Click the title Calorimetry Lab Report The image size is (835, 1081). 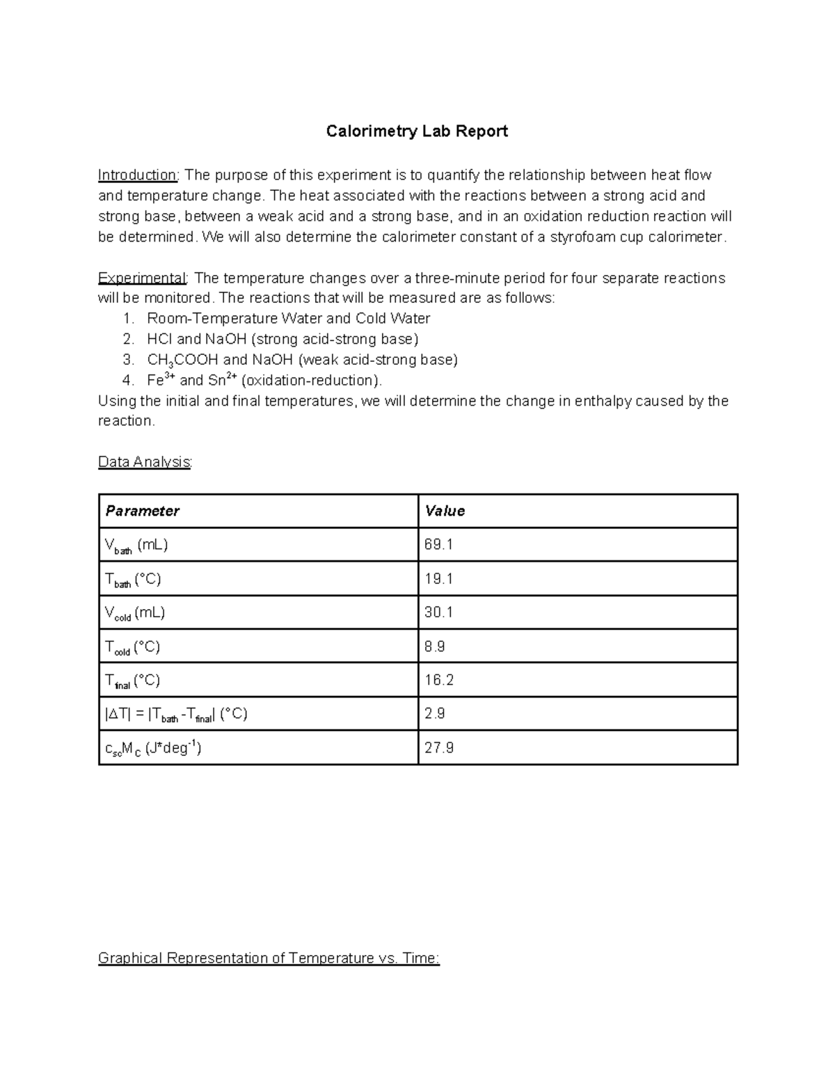[x=417, y=132]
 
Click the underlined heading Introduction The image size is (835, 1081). [x=138, y=175]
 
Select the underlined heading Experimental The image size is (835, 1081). [x=142, y=278]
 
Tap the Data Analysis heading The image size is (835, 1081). [x=144, y=462]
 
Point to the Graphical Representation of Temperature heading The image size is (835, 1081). [x=269, y=958]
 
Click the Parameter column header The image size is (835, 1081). [x=143, y=511]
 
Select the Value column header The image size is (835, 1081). [x=445, y=511]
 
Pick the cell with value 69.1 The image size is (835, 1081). [x=438, y=544]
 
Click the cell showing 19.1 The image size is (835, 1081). [x=438, y=578]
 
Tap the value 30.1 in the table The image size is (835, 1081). [x=438, y=613]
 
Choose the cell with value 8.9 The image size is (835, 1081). [x=435, y=647]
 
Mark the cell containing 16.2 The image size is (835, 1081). [x=439, y=680]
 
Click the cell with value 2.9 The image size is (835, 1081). [x=435, y=713]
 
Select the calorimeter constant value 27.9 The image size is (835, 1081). [x=439, y=748]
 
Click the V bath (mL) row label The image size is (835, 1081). [x=136, y=545]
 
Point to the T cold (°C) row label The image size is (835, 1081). [x=132, y=647]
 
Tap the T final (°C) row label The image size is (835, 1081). [x=132, y=681]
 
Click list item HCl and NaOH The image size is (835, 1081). [x=283, y=339]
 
